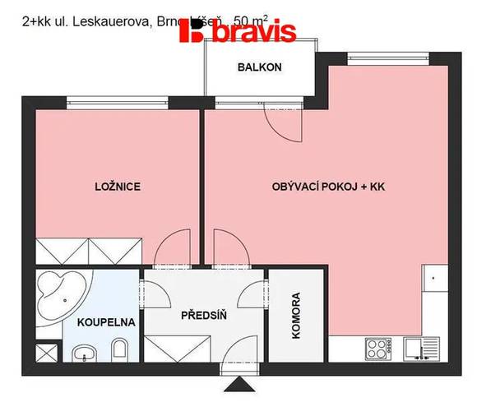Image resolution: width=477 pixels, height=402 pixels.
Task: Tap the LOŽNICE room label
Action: [x=118, y=187]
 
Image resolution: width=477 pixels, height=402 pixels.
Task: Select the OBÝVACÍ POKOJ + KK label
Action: [x=328, y=187]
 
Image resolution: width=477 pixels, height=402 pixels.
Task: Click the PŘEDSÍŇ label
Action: [x=204, y=313]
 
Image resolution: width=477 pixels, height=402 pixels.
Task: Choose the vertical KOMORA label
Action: [x=296, y=317]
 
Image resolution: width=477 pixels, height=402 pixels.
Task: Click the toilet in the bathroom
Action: [x=120, y=350]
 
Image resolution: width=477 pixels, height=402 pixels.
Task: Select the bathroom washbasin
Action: [x=83, y=354]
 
